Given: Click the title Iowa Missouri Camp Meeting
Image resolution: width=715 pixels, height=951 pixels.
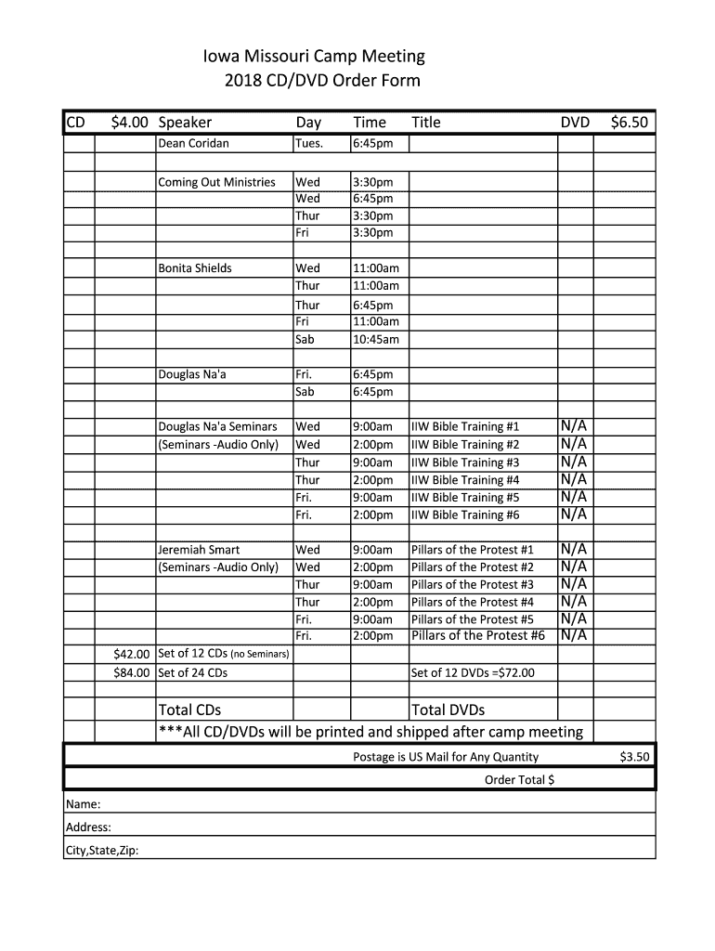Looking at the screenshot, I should pyautogui.click(x=314, y=57).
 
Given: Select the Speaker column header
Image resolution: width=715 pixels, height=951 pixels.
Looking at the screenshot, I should pyautogui.click(x=185, y=123).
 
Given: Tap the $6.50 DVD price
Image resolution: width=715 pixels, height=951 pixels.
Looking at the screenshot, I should pyautogui.click(x=629, y=123).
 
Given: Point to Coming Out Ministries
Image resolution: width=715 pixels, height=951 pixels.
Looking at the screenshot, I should pyautogui.click(x=216, y=182).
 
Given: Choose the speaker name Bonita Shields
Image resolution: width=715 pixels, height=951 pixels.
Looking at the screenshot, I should pyautogui.click(x=195, y=268).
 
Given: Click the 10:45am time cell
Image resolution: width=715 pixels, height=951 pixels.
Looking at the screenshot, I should pyautogui.click(x=375, y=340).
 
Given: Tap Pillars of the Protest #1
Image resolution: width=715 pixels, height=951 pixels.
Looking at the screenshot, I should pyautogui.click(x=472, y=550).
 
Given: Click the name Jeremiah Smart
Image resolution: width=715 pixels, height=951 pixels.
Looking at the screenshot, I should pyautogui.click(x=199, y=550).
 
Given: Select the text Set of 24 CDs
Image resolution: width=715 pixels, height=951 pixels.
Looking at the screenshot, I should pyautogui.click(x=193, y=672).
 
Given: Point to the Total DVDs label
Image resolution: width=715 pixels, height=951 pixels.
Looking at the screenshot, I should pyautogui.click(x=448, y=710).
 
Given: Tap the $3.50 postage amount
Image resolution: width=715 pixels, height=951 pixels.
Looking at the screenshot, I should pyautogui.click(x=634, y=757).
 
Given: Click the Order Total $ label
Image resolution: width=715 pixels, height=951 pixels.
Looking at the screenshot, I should pyautogui.click(x=519, y=780).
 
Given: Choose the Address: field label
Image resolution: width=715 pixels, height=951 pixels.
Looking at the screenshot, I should pyautogui.click(x=88, y=827).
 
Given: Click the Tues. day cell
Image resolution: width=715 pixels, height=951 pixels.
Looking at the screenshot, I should pyautogui.click(x=309, y=144).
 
